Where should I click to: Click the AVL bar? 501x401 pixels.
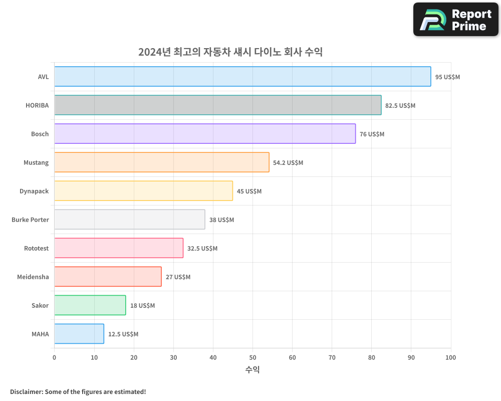click(x=242, y=77)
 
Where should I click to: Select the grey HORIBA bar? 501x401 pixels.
click(x=217, y=105)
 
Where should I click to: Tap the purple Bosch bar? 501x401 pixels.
click(x=205, y=134)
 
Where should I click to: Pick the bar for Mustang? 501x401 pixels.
click(x=161, y=162)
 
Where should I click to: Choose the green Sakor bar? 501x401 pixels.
click(x=90, y=305)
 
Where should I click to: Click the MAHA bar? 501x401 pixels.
click(x=79, y=334)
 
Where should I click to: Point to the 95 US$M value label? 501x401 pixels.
click(x=447, y=77)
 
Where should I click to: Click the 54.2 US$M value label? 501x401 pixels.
click(x=288, y=163)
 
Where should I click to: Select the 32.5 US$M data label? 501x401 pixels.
click(x=202, y=249)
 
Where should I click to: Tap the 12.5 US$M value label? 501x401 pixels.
click(x=123, y=334)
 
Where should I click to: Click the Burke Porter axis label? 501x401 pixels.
click(x=30, y=220)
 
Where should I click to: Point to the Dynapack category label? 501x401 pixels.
click(x=34, y=191)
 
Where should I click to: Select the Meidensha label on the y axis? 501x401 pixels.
click(x=33, y=277)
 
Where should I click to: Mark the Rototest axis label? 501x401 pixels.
click(x=36, y=248)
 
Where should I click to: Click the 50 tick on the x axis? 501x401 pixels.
click(x=253, y=357)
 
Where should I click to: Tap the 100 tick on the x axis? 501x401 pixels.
click(x=450, y=357)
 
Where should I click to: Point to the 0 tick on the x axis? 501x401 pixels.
click(x=54, y=357)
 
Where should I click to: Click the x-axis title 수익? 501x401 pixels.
click(x=253, y=370)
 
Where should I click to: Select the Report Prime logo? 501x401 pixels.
click(x=455, y=20)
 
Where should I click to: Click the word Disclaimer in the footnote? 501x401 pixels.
click(x=26, y=391)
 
